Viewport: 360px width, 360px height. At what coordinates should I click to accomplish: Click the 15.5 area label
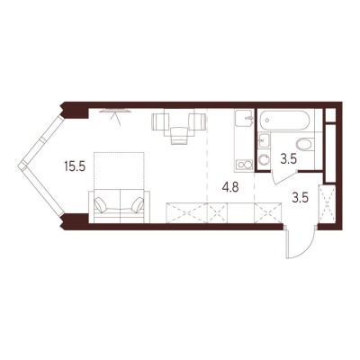(x=75, y=166)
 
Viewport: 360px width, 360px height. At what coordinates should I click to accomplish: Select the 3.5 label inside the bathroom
(x=289, y=159)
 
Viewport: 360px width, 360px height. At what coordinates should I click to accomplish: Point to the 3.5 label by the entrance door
(x=301, y=198)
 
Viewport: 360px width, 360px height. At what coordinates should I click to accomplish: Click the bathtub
(x=284, y=121)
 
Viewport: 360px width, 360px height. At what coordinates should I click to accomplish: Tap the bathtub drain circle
(x=267, y=121)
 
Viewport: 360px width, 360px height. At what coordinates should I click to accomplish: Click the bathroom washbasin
(x=265, y=140)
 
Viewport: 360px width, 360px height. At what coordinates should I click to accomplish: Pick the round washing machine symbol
(x=264, y=159)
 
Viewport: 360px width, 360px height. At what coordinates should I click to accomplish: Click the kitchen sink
(x=245, y=118)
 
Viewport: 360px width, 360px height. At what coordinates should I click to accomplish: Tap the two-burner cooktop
(x=244, y=165)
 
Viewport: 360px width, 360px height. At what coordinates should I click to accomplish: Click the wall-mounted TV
(x=115, y=111)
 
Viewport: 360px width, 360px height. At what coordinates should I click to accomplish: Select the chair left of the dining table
(x=158, y=122)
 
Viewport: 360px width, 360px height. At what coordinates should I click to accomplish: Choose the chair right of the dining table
(x=198, y=121)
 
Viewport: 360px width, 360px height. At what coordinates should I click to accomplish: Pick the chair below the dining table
(x=179, y=136)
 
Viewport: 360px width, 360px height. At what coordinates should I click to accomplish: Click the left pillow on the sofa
(x=101, y=204)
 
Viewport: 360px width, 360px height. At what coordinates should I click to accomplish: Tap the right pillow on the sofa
(x=138, y=204)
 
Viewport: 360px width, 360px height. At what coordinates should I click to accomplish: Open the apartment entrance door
(x=300, y=242)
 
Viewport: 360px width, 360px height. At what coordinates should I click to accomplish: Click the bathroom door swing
(x=283, y=177)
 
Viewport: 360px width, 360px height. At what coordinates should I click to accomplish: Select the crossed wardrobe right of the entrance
(x=327, y=204)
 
